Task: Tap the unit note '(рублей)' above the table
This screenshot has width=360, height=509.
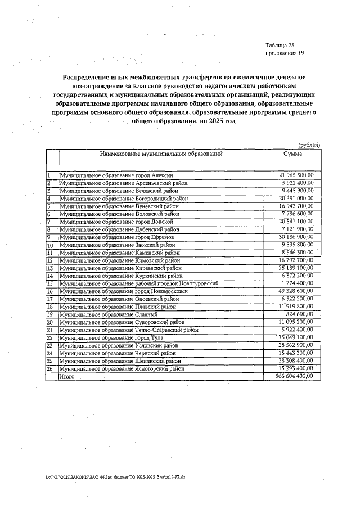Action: pos(309,145)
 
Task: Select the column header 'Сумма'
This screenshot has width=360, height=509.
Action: pos(292,154)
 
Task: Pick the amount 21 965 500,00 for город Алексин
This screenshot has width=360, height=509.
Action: pos(296,175)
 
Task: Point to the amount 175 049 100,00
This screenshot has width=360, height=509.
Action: pos(295,337)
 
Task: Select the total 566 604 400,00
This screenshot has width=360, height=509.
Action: pos(295,376)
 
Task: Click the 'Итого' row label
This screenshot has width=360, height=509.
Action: pos(67,376)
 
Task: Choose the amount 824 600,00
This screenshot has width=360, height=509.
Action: pos(301,314)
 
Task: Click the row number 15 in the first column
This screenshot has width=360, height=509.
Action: pos(50,283)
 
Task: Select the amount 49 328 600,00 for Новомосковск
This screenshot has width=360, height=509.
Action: pos(296,291)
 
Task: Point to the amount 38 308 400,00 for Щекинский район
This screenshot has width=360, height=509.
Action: pos(296,361)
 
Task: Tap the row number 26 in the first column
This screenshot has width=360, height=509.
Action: pos(50,368)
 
